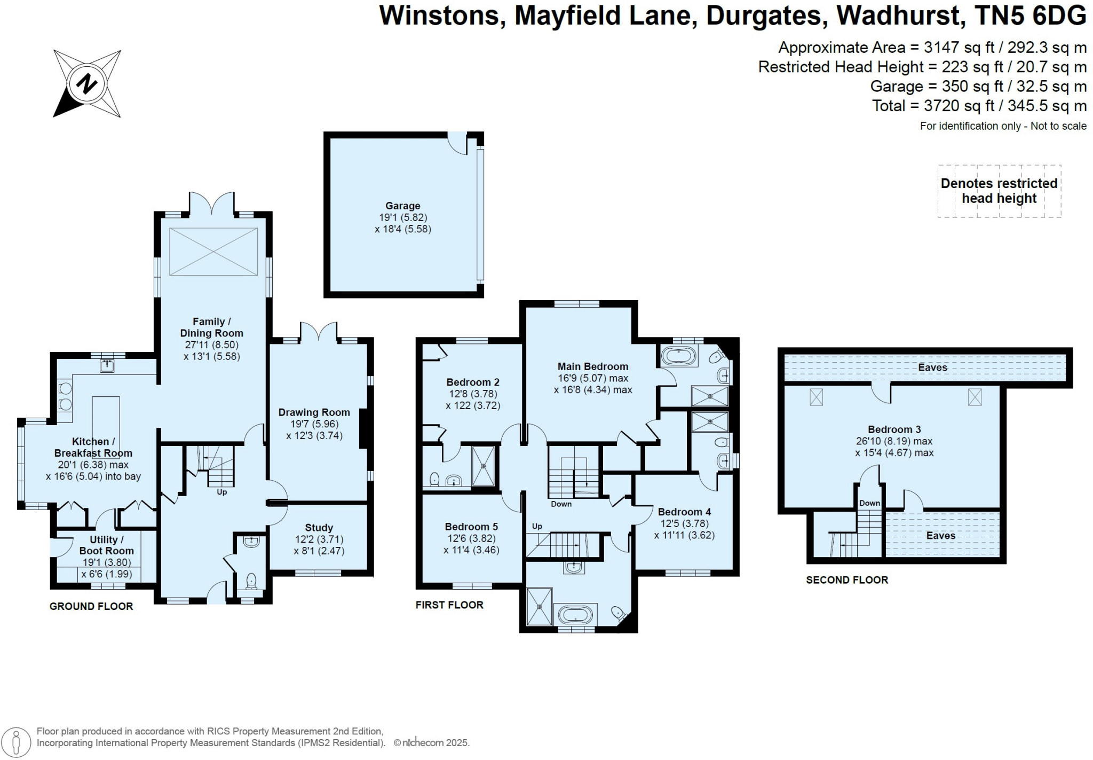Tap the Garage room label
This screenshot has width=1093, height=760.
click(402, 206)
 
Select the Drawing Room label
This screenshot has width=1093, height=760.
click(314, 412)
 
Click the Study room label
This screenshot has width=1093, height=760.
click(319, 528)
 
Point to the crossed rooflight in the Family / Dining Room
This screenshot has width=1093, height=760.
click(213, 252)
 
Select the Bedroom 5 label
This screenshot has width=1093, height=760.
click(471, 527)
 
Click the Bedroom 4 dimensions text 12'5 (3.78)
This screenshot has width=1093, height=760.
click(684, 523)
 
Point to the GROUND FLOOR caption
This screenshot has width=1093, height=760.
click(91, 606)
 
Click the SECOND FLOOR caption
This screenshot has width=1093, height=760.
click(847, 579)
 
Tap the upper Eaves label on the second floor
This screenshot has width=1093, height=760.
click(932, 367)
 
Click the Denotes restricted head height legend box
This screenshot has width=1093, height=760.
click(999, 191)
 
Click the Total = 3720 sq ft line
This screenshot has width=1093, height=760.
click(979, 106)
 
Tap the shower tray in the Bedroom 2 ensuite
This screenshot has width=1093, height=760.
click(484, 466)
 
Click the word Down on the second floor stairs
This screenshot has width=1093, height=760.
click(869, 503)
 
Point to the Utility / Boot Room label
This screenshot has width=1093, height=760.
click(106, 545)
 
